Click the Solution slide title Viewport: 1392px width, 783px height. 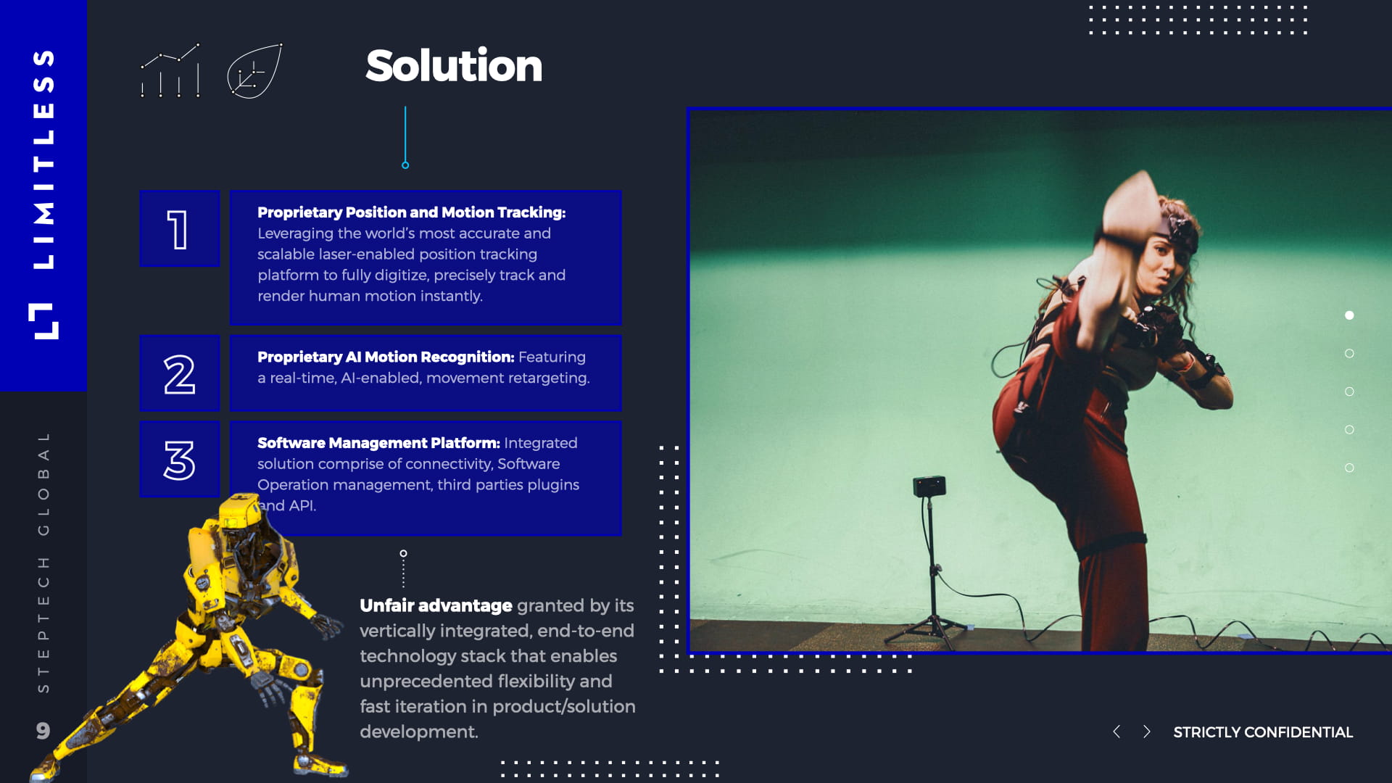(454, 66)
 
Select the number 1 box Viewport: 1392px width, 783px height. (179, 229)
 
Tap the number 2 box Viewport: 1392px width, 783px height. (179, 373)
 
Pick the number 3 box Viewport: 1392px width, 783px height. (179, 460)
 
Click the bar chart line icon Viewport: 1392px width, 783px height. (170, 71)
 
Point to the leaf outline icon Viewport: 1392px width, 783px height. (254, 71)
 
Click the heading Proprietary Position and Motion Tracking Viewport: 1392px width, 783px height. (411, 212)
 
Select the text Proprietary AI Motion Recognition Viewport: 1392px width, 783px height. (385, 357)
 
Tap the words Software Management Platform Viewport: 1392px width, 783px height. (378, 443)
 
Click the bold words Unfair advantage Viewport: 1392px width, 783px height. (436, 605)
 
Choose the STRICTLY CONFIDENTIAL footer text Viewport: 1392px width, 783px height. (1263, 732)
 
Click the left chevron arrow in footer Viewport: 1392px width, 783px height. (1116, 732)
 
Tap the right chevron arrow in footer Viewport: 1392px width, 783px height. (1146, 732)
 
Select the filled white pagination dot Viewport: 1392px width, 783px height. (1349, 315)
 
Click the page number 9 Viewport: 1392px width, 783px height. (43, 730)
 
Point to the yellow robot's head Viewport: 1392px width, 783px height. (240, 511)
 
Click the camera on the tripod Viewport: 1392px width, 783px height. (929, 485)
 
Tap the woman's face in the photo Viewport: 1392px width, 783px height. (1159, 265)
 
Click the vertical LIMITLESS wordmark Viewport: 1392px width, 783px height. (43, 159)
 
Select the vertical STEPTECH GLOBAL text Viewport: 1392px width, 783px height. (43, 562)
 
